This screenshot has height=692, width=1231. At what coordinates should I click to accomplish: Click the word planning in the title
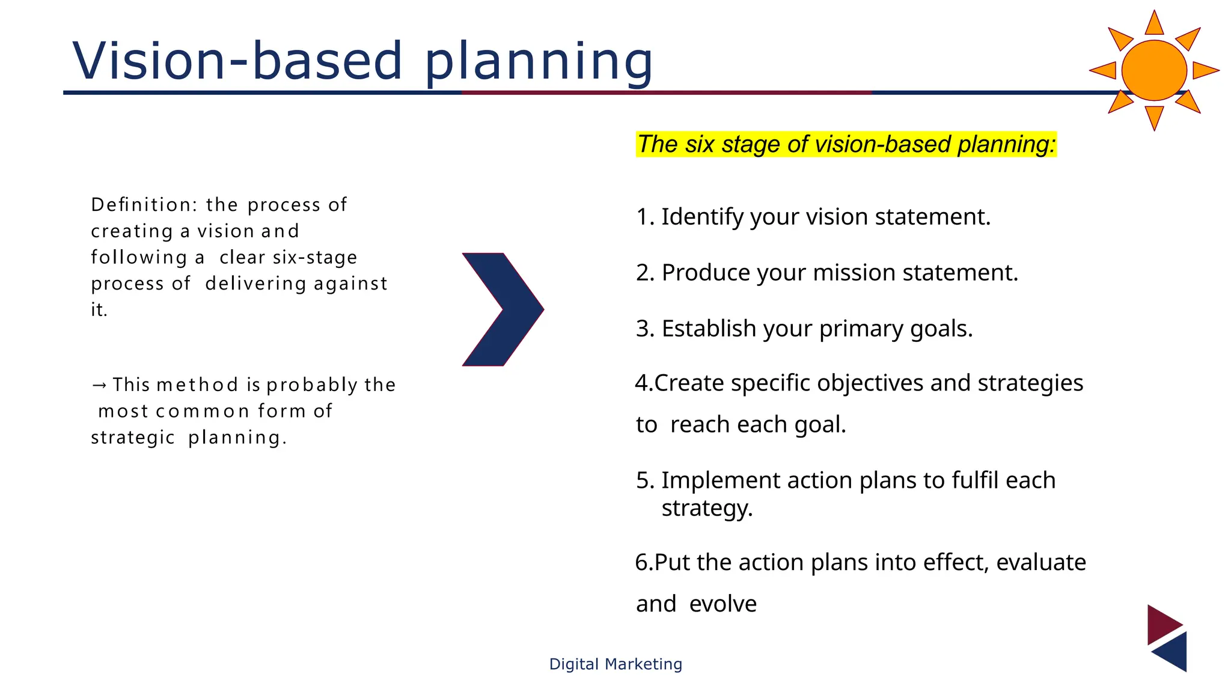coord(539,63)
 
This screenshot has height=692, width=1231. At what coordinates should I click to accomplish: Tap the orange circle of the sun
coord(1153,70)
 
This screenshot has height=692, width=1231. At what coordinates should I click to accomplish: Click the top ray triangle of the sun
coord(1154,24)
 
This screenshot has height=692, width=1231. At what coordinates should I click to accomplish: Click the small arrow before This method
coord(100,384)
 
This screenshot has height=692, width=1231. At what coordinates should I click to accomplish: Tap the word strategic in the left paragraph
coord(133,438)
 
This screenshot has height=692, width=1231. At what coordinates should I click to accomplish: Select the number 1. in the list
coord(646,217)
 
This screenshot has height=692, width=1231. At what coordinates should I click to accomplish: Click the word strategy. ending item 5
coord(707,509)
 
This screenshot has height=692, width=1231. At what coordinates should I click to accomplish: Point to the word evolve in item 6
coord(722,604)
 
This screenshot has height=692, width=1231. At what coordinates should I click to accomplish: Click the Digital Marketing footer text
coord(615,664)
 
